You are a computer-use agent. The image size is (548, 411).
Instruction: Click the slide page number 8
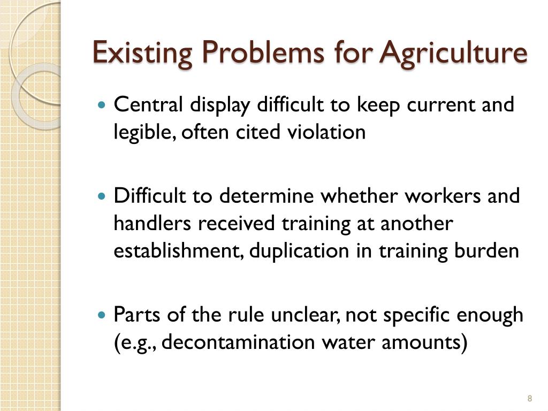(529, 398)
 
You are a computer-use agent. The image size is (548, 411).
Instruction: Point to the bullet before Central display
(103, 104)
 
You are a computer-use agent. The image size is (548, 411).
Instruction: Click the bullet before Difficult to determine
(103, 197)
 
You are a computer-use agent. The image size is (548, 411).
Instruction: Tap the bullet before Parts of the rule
(103, 315)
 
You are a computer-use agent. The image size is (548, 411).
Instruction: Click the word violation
(327, 132)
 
